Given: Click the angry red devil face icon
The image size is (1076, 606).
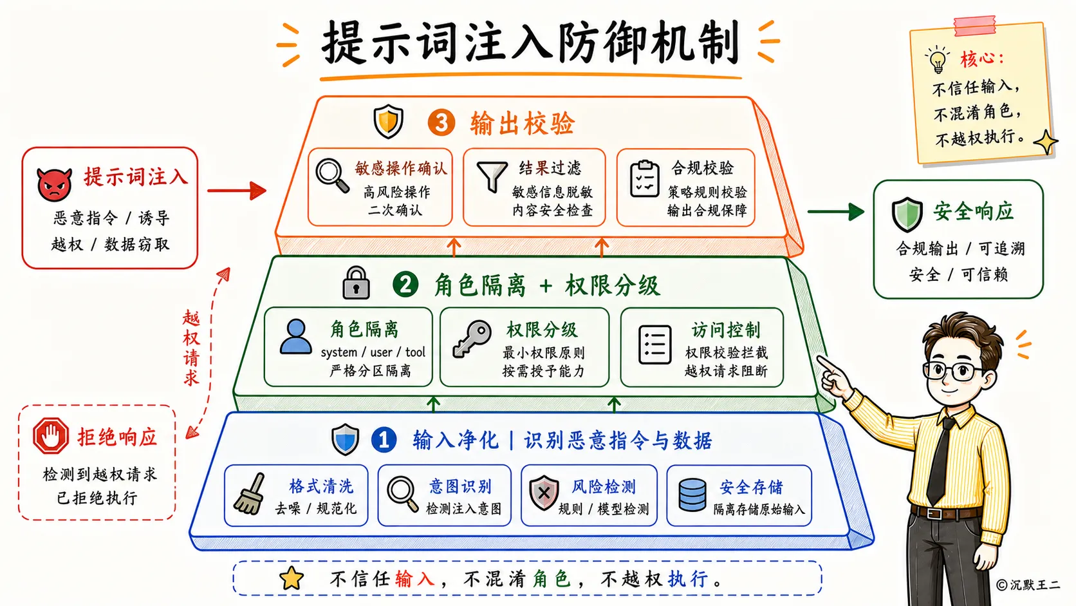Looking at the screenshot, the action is (x=54, y=184).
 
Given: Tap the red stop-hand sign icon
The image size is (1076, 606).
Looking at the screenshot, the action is (x=50, y=436).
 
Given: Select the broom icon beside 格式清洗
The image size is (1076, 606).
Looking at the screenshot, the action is (x=250, y=493).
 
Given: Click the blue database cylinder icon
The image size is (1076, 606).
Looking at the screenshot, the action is (x=692, y=495).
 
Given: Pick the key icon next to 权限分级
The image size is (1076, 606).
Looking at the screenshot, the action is (x=472, y=339).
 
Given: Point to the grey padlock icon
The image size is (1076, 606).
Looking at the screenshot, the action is (x=356, y=283).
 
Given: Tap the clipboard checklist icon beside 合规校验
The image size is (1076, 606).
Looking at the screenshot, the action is (x=645, y=179).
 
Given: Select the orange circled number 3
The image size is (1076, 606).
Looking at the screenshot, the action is (x=441, y=122).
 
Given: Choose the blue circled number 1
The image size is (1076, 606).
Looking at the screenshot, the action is (x=384, y=439).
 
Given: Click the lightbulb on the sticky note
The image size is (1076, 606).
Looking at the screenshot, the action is (x=937, y=60).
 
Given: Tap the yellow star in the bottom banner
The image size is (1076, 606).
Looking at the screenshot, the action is (x=292, y=578).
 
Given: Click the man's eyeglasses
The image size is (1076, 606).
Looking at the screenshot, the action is (x=954, y=371).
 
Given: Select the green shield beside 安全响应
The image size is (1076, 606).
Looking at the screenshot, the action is (x=907, y=214).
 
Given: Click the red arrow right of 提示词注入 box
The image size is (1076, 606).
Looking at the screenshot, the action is (x=237, y=191).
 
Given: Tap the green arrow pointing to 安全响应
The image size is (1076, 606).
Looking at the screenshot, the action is (x=836, y=211).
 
